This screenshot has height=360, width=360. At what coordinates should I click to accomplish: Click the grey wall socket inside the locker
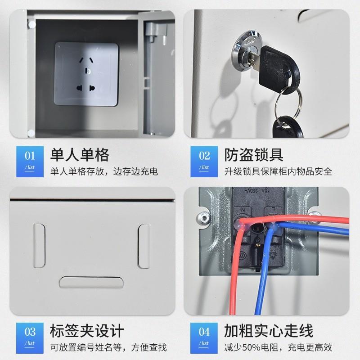coord(86,74)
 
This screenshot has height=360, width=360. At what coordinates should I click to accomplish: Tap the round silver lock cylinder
coord(243,52)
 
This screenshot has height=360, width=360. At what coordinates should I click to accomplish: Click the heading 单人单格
coord(80,155)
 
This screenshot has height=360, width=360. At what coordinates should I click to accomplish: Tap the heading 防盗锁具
coord(254,155)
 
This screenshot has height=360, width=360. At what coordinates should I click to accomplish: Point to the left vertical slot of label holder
coord(39,246)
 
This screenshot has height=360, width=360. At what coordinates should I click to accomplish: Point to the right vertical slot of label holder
coord(144,246)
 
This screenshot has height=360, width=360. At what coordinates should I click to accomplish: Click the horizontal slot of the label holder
coord(91,283)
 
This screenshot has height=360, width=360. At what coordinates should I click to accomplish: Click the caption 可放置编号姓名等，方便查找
coord(108,347)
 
